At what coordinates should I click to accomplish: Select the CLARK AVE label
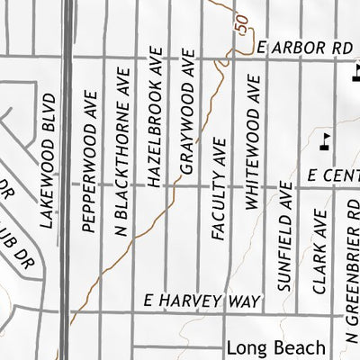tap(318, 251)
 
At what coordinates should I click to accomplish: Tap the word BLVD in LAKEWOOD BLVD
tap(48, 107)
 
